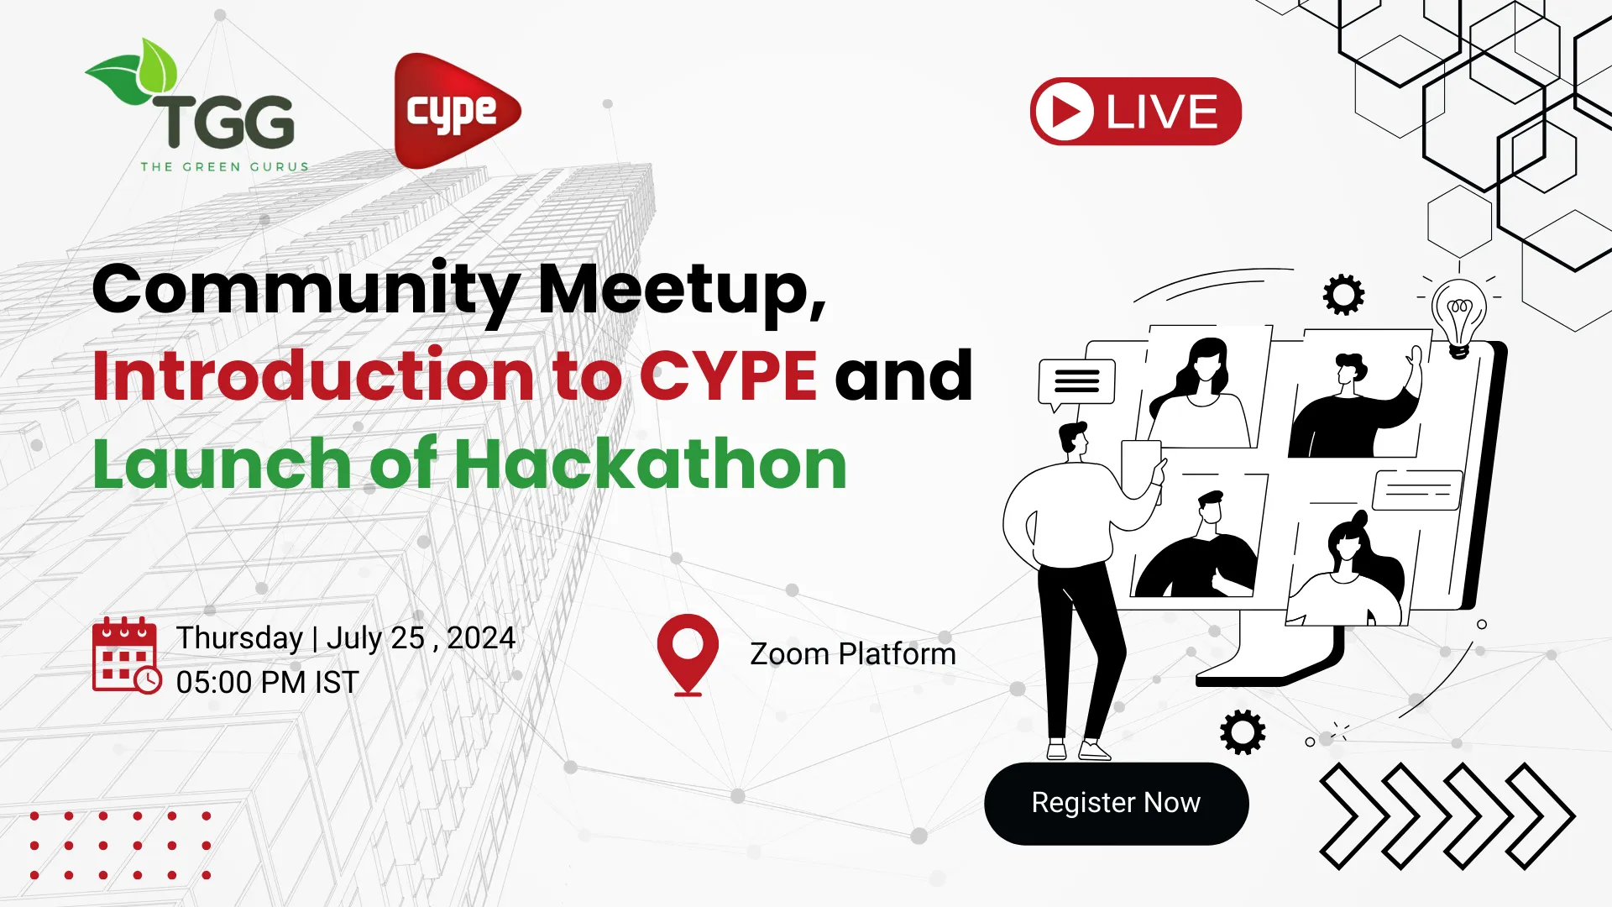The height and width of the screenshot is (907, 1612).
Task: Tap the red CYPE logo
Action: click(453, 111)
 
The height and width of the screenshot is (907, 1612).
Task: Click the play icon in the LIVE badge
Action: click(1064, 112)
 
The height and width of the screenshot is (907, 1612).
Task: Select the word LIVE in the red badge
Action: click(1162, 112)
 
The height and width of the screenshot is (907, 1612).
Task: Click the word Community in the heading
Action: click(306, 290)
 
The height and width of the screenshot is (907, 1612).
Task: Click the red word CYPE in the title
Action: click(728, 375)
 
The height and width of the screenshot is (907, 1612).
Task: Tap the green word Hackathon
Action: click(651, 464)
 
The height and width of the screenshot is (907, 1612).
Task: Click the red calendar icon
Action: click(125, 656)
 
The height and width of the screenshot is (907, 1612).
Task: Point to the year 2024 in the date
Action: click(481, 638)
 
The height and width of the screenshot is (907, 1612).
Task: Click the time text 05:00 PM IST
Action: click(267, 683)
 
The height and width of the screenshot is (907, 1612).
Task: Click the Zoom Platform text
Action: click(852, 654)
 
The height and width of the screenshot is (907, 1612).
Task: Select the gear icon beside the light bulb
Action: click(1343, 295)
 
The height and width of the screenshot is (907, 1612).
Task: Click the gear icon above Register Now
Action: click(1243, 732)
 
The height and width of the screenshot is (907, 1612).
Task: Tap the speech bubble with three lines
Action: click(1076, 382)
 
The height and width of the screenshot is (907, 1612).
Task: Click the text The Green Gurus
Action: click(224, 167)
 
